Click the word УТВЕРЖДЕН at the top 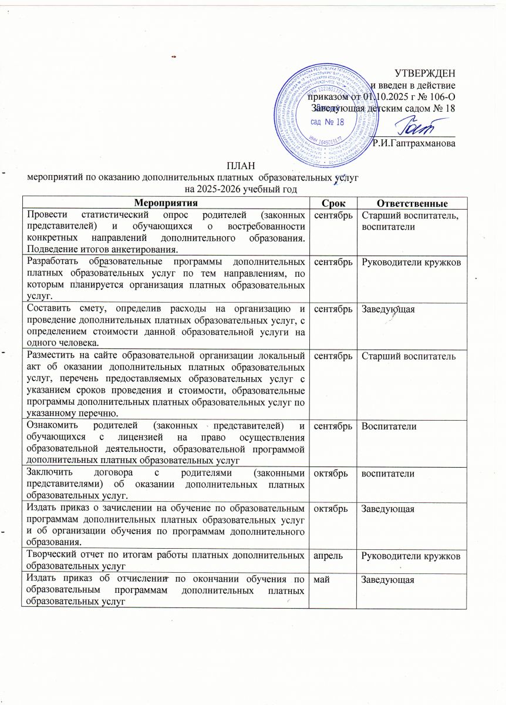coord(424,73)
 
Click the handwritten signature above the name coord(413,125)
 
